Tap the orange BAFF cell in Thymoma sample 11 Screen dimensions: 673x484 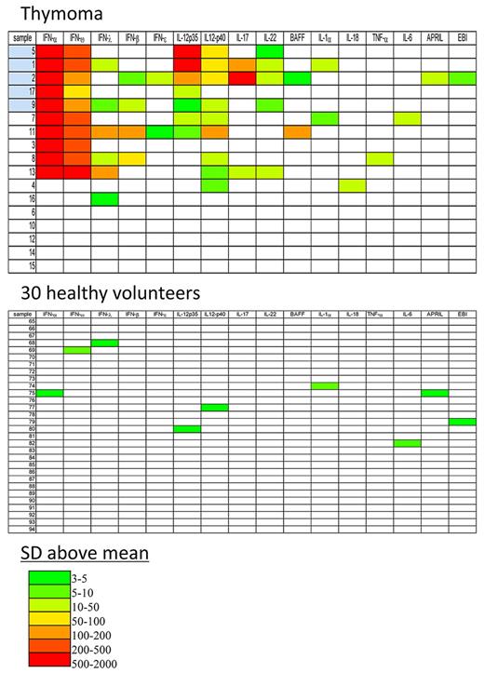click(297, 132)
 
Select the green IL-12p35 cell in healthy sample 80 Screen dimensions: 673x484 click(187, 428)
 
